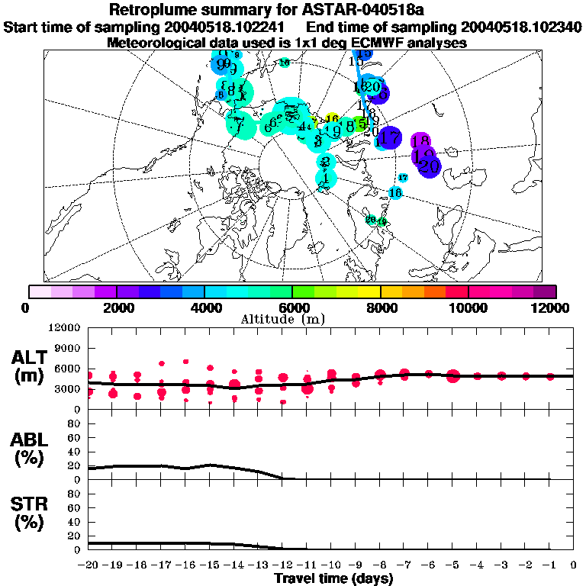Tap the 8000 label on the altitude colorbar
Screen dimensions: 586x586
click(x=381, y=307)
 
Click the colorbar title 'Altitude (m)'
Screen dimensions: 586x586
click(x=293, y=318)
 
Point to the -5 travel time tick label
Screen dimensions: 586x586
click(x=452, y=564)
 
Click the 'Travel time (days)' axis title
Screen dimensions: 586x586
click(x=333, y=578)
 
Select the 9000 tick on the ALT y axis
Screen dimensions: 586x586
click(x=69, y=348)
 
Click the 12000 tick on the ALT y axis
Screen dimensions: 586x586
click(x=66, y=328)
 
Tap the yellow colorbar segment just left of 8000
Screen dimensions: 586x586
click(x=369, y=291)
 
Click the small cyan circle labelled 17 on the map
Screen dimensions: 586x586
click(x=404, y=177)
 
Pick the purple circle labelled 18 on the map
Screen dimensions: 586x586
click(x=420, y=141)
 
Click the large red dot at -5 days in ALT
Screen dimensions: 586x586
click(x=453, y=375)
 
